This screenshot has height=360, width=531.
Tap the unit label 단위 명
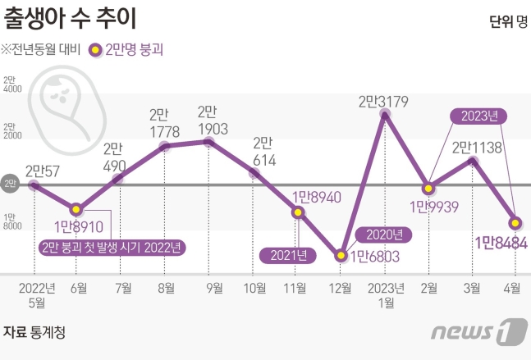pyautogui.click(x=507, y=21)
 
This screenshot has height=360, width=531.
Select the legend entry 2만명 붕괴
pyautogui.click(x=128, y=50)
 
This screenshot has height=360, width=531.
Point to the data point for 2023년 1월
pyautogui.click(x=384, y=115)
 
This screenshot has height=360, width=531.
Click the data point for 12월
pyautogui.click(x=341, y=255)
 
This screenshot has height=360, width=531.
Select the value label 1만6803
pyautogui.click(x=374, y=256)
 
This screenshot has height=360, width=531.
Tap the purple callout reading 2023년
pyautogui.click(x=474, y=116)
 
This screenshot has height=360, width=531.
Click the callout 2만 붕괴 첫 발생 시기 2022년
pyautogui.click(x=111, y=245)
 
